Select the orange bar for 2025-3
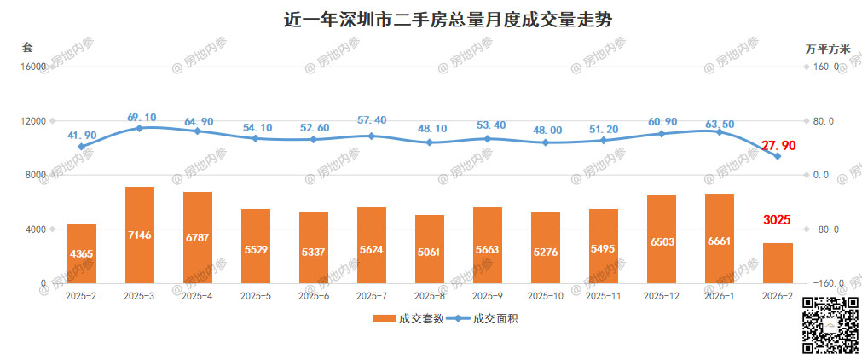(x=140, y=235)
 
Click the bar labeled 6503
(x=662, y=242)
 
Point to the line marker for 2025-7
(x=372, y=136)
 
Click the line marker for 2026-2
(x=778, y=156)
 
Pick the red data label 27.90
(x=778, y=146)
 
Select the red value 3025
(x=777, y=220)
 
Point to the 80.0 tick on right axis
(x=826, y=121)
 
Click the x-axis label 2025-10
(x=546, y=296)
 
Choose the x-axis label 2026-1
(x=720, y=296)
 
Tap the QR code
(x=830, y=326)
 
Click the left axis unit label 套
(x=27, y=48)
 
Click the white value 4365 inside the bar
(x=82, y=253)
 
